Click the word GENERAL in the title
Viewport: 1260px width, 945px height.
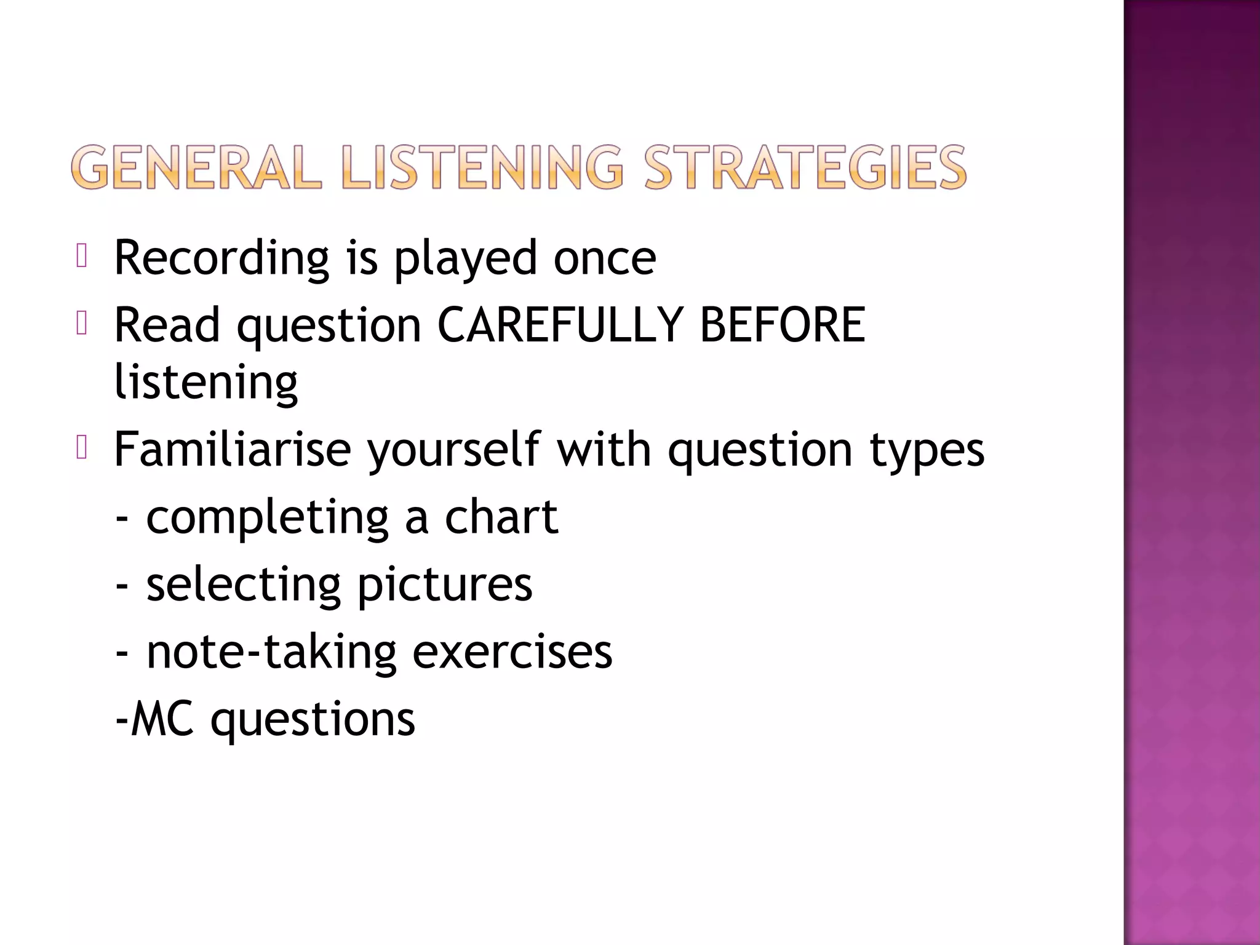tap(196, 167)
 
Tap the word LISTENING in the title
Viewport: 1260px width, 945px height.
tap(482, 167)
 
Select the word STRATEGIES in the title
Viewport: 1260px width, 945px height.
tap(805, 167)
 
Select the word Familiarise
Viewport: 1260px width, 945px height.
tap(233, 450)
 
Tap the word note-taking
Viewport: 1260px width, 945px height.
tap(271, 652)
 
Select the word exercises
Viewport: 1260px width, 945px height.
tap(512, 652)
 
